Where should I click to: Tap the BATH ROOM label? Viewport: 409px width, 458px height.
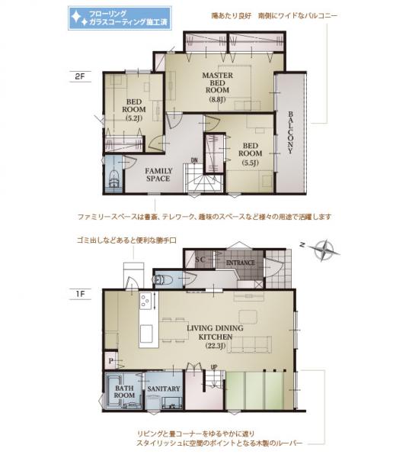(125, 392)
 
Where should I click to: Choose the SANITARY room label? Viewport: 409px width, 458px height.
(163, 389)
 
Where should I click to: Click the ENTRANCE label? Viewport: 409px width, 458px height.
(239, 263)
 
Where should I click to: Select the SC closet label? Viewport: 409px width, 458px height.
(201, 260)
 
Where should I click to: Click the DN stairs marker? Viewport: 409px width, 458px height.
(194, 160)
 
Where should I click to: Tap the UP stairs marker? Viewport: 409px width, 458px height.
(213, 368)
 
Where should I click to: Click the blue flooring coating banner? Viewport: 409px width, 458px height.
(115, 19)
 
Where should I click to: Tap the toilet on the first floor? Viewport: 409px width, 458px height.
(161, 279)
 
